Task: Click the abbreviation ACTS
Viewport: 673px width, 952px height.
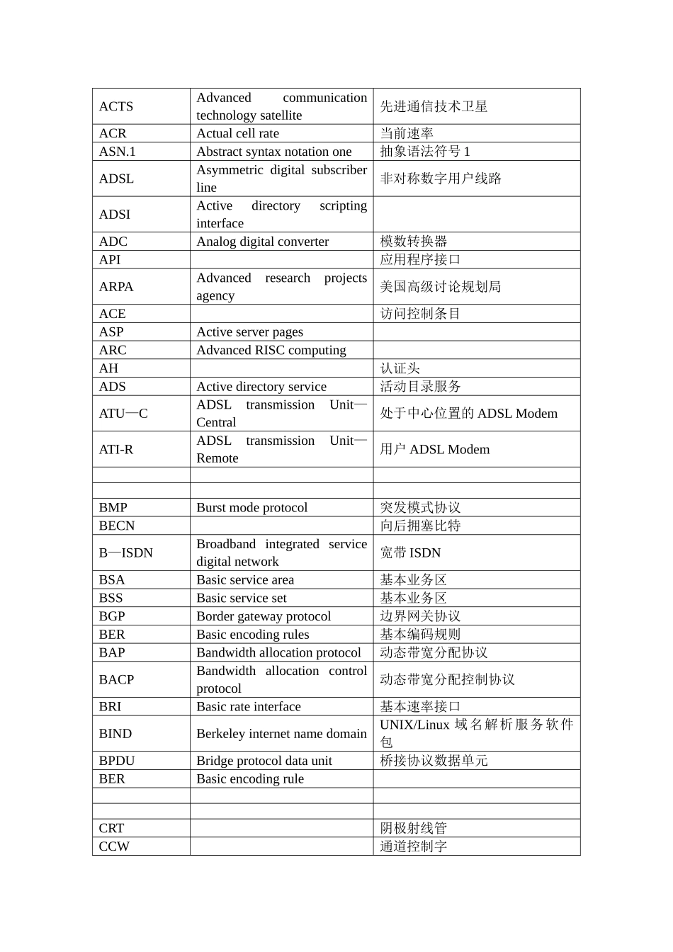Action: (x=116, y=106)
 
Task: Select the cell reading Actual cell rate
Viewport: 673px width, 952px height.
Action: (x=237, y=133)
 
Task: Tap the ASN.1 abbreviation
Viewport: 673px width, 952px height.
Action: (x=118, y=152)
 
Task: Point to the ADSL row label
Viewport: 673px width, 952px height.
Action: (x=116, y=178)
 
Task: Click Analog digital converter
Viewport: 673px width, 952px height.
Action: (x=262, y=242)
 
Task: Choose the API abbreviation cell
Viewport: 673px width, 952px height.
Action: (x=110, y=260)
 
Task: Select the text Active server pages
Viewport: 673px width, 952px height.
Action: (x=249, y=332)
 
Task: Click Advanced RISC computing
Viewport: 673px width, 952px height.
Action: (x=271, y=350)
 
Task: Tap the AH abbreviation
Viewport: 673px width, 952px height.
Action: (x=108, y=368)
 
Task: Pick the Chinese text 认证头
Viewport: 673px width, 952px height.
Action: (x=400, y=368)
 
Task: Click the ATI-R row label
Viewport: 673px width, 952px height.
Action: (x=116, y=449)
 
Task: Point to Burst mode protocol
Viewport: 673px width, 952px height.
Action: (x=251, y=508)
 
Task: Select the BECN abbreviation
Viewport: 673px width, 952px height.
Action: (x=117, y=526)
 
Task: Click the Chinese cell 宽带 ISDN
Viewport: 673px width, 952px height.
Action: (x=410, y=552)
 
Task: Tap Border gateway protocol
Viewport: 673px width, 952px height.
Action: (x=264, y=616)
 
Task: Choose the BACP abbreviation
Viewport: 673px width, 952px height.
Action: (x=116, y=679)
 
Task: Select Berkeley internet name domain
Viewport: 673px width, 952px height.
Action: (x=281, y=734)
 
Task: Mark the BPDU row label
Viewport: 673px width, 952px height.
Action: (x=117, y=761)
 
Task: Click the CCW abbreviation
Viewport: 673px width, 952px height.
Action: (x=114, y=846)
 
